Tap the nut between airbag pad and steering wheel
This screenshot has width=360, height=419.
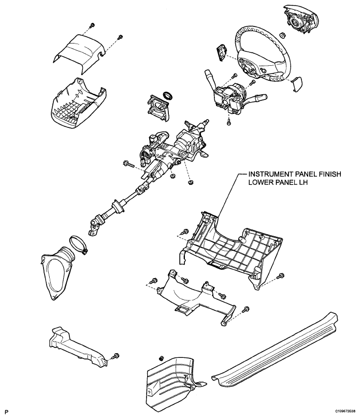click(282, 35)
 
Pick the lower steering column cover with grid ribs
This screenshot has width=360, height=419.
click(78, 104)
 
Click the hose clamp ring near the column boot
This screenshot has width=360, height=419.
click(79, 244)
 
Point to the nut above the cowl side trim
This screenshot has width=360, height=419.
click(161, 358)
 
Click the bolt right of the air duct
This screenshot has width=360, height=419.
click(116, 356)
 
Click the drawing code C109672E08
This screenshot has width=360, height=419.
click(345, 413)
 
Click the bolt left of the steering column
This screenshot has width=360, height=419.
click(128, 164)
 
